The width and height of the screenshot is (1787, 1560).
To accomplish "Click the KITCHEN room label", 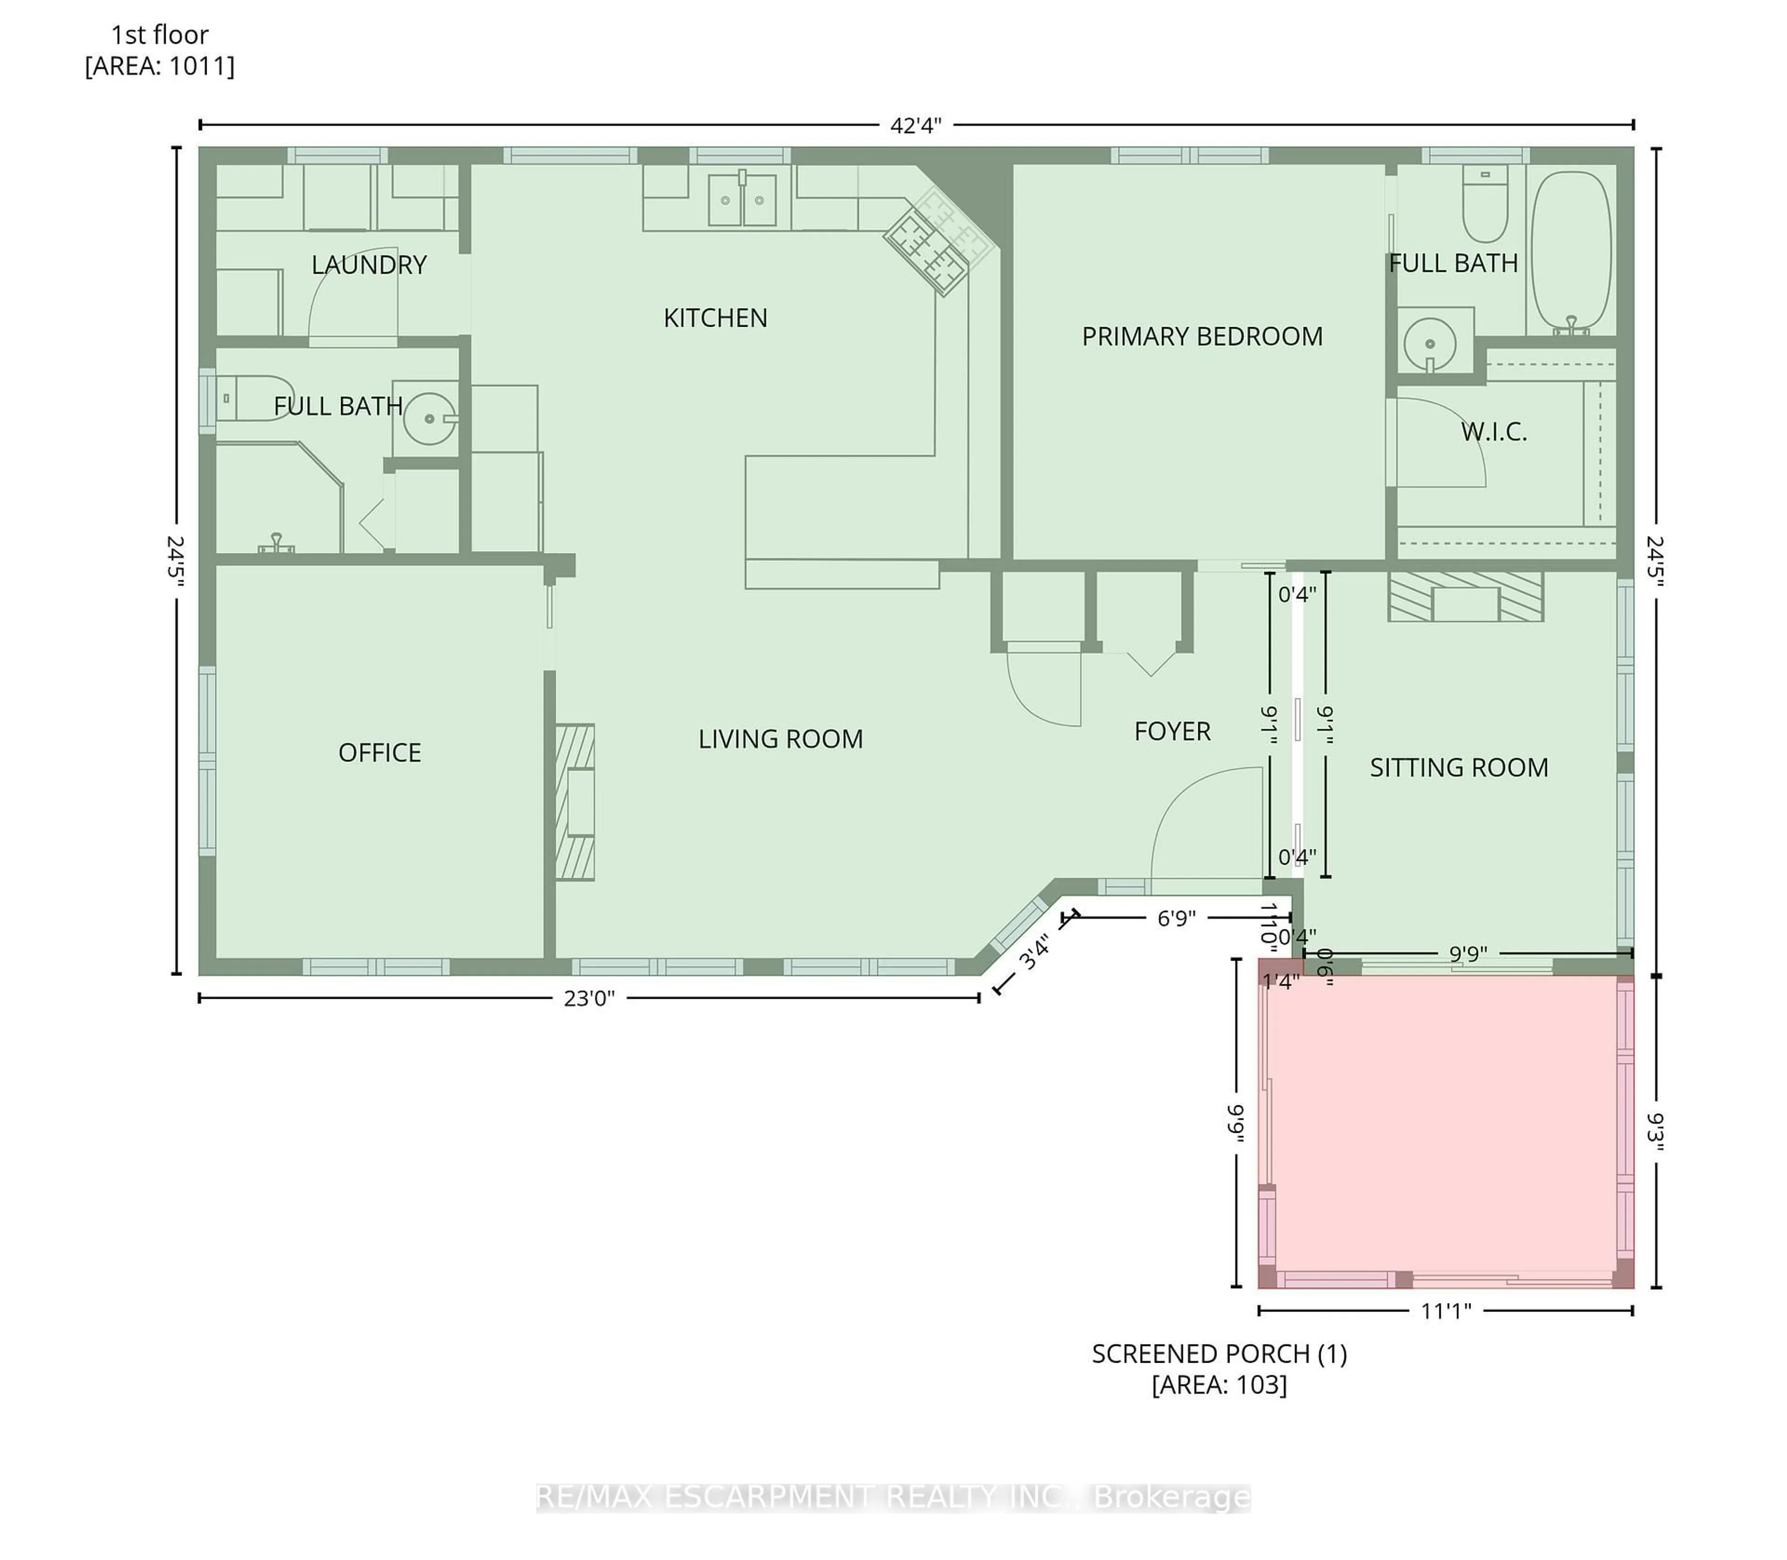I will point(715,318).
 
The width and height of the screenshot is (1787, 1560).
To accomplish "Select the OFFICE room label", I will point(380,752).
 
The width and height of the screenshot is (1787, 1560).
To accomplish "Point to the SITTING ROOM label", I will point(1459,767).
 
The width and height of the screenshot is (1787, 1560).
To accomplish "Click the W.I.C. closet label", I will point(1494,432).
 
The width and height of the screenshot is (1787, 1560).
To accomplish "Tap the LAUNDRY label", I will point(369,265).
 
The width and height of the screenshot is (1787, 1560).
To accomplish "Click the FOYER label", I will point(1172,731).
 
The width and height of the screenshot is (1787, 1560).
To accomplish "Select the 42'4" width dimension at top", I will point(916,125).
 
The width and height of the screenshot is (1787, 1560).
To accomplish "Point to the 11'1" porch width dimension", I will point(1446,1310).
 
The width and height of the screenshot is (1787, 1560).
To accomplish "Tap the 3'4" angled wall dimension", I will point(1035,951).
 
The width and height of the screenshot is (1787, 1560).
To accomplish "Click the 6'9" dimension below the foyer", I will point(1176,918).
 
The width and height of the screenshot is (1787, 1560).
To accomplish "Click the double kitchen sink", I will point(742,200).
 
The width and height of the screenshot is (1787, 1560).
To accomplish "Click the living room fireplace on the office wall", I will point(575,802).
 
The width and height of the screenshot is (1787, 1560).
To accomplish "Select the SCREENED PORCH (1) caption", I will point(1219,1354).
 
